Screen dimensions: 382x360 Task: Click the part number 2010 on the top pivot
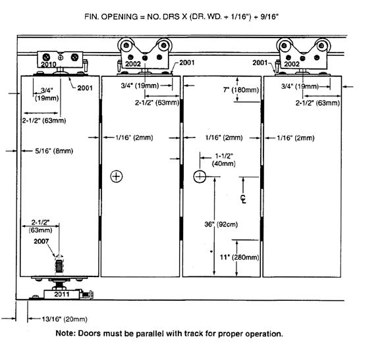click(x=49, y=64)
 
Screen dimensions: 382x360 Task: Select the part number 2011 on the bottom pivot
click(x=62, y=294)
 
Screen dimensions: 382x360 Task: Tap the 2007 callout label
click(x=41, y=242)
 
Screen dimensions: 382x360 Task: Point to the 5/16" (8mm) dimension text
click(x=54, y=151)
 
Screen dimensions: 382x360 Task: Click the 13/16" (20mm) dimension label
click(x=65, y=319)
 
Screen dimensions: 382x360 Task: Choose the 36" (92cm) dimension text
click(x=221, y=224)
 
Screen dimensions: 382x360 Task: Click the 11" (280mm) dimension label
click(x=240, y=257)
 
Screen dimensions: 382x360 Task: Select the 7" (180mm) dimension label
click(x=241, y=90)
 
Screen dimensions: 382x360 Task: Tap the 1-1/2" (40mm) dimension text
click(x=224, y=160)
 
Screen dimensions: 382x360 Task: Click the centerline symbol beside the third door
click(x=243, y=199)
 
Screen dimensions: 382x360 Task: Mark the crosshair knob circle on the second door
click(x=117, y=176)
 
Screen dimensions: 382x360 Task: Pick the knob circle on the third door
click(x=200, y=176)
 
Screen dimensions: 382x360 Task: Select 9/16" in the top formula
click(x=269, y=16)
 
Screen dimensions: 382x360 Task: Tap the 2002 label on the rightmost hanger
click(x=292, y=64)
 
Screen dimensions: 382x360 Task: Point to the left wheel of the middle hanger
click(x=126, y=45)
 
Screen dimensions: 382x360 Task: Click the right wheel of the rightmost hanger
click(x=322, y=45)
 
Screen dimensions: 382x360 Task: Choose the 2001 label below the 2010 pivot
click(x=85, y=88)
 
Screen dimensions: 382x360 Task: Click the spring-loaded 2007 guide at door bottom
click(x=59, y=267)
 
